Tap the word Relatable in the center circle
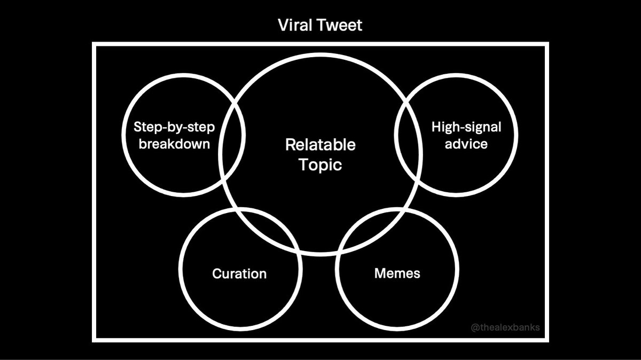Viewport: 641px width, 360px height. pyautogui.click(x=320, y=145)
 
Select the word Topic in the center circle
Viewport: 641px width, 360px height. pyautogui.click(x=320, y=165)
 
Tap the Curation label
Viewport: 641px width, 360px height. pyautogui.click(x=239, y=274)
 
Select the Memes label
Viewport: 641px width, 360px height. pyautogui.click(x=397, y=273)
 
